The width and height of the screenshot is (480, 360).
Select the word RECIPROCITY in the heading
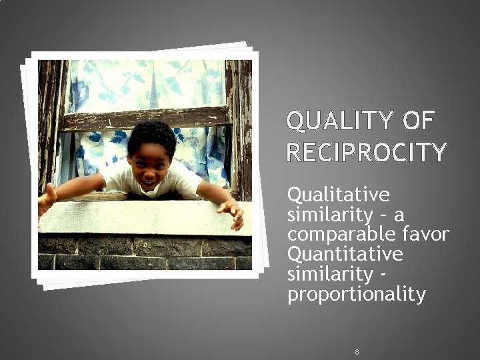366,153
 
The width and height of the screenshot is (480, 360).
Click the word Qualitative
338,195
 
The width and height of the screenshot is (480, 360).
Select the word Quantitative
345,254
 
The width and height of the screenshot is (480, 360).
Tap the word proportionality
356,294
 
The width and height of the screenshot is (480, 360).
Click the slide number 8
357,351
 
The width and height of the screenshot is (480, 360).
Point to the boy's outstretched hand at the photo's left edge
46,201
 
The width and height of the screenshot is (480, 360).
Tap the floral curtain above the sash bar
147,83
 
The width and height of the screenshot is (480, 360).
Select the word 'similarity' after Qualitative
320,215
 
